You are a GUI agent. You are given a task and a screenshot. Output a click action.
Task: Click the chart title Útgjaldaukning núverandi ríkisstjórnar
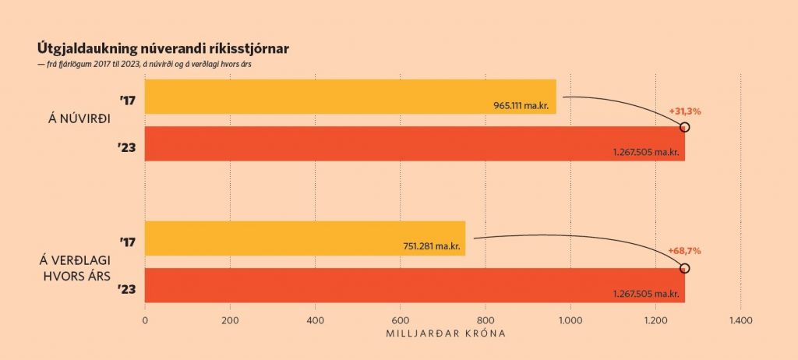163,49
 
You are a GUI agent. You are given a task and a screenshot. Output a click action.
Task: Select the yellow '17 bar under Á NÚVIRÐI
350,97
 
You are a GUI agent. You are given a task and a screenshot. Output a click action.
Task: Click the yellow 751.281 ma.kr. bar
305,238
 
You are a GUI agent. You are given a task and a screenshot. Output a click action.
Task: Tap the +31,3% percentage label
685,111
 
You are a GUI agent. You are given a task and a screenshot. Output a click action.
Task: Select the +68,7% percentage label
685,251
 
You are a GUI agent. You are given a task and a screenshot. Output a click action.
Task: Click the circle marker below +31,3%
685,127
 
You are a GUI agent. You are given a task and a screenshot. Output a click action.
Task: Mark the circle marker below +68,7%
685,268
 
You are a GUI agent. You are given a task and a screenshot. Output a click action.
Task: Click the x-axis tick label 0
145,320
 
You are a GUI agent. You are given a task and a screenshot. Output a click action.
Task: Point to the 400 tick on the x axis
315,320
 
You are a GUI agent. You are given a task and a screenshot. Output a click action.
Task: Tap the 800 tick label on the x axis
485,320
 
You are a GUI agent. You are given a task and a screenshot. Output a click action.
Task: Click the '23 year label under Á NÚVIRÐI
128,145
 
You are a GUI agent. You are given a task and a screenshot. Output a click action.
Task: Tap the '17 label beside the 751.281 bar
128,242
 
